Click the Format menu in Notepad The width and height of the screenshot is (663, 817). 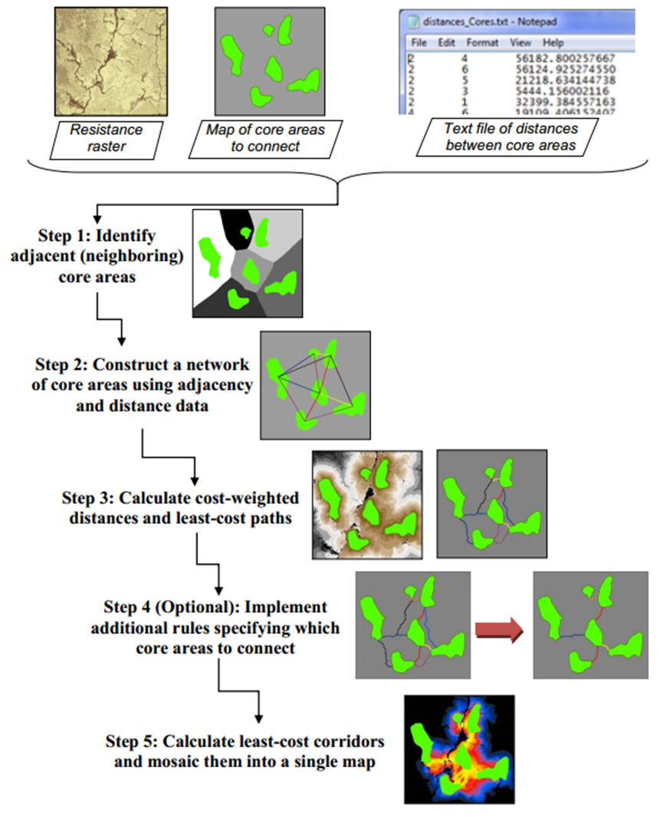[x=482, y=43]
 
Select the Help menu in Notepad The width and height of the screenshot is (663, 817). [x=553, y=43]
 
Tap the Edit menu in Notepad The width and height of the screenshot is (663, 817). [x=447, y=43]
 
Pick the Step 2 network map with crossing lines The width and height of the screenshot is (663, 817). [x=315, y=384]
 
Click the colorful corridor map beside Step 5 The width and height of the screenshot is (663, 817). [x=459, y=749]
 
